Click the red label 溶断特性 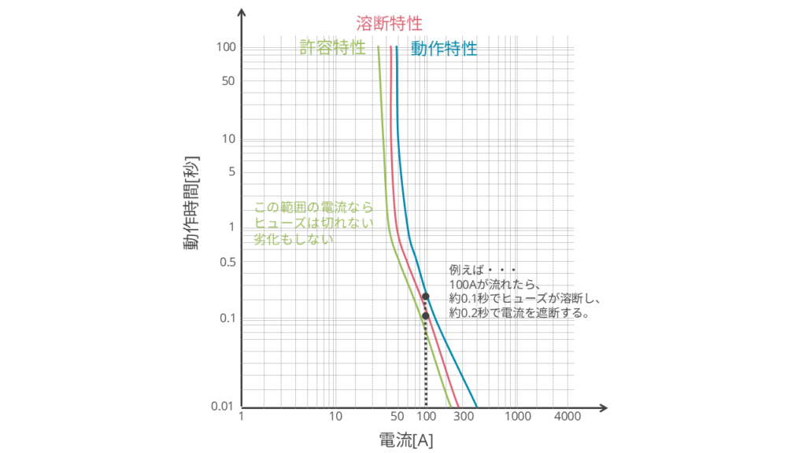(x=389, y=23)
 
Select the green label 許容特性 (x=332, y=47)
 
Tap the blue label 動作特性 (x=444, y=48)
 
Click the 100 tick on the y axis (x=227, y=47)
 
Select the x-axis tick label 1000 (x=517, y=416)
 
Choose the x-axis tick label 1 (x=242, y=416)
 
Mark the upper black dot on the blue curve (x=426, y=296)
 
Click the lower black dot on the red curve (x=426, y=316)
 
